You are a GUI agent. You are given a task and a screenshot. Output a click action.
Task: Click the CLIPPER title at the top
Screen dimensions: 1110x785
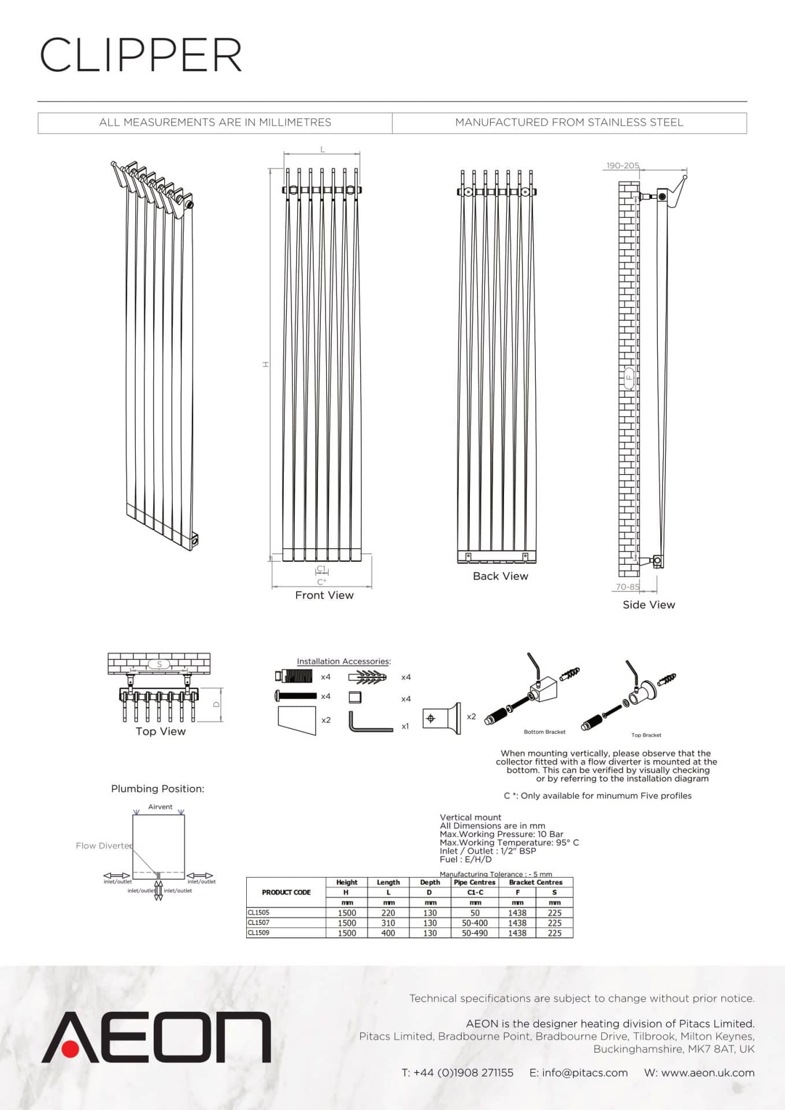click(x=140, y=55)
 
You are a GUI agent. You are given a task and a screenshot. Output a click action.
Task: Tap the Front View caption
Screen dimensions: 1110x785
click(x=324, y=595)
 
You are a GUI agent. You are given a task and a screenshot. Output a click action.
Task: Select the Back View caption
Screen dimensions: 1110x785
click(x=500, y=576)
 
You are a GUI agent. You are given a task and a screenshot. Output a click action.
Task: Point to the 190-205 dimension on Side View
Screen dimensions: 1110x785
click(x=622, y=165)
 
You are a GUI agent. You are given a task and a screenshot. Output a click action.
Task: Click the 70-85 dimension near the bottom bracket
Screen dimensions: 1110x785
click(x=627, y=586)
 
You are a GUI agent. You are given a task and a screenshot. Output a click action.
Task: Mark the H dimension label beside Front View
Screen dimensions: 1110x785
click(x=265, y=364)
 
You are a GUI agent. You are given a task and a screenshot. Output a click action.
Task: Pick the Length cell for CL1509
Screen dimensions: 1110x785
click(x=388, y=933)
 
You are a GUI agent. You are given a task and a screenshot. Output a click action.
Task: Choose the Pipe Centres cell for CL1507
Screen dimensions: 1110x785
click(x=475, y=923)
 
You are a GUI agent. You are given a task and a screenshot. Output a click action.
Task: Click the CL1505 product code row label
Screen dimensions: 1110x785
click(x=258, y=912)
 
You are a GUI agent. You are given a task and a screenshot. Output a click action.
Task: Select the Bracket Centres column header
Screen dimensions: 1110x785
click(x=535, y=882)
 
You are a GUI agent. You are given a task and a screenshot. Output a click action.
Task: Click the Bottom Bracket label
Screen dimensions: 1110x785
click(x=544, y=732)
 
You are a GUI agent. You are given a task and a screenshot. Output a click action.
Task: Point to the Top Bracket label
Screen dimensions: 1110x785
click(x=646, y=735)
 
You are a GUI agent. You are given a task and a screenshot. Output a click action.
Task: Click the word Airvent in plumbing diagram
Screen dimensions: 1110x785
click(x=160, y=806)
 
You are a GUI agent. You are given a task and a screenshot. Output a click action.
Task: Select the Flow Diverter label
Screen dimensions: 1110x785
click(x=104, y=845)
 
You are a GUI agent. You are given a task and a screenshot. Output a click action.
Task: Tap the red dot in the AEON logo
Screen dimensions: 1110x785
click(x=71, y=1048)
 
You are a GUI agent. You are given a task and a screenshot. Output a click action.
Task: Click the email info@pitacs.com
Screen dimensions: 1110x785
click(x=584, y=1072)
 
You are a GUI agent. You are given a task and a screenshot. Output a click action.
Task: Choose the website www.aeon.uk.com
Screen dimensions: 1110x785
click(x=708, y=1072)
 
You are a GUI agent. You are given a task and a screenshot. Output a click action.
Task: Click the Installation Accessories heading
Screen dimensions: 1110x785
click(x=343, y=661)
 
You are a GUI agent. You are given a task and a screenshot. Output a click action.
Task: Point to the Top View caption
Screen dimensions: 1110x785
click(x=160, y=731)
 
